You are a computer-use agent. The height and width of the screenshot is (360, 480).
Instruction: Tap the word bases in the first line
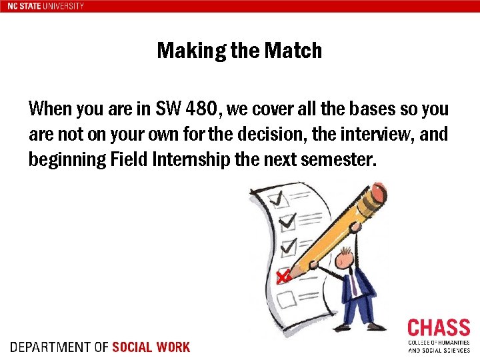[x=340, y=108]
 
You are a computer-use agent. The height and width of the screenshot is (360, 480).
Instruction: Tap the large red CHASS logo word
[x=438, y=328]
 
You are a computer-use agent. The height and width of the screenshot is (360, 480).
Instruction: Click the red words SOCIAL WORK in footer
[x=151, y=347]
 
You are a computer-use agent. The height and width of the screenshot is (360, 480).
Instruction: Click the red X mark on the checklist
[x=283, y=275]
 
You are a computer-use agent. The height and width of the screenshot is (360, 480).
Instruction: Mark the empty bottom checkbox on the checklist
[x=286, y=299]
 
